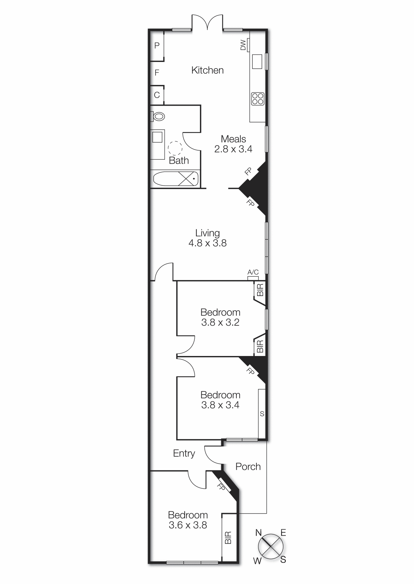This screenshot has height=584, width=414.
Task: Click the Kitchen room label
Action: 207,70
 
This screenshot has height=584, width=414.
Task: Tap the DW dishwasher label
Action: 243,45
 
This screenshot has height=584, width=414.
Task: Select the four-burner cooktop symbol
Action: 258,99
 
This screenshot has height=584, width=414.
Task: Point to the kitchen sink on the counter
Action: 257,62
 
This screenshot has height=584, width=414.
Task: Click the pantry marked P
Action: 157,45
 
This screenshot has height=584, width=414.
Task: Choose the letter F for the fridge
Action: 157,72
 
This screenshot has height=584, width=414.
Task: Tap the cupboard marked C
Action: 157,95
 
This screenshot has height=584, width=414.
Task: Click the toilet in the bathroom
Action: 159,117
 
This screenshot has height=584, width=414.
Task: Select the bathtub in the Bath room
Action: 176,178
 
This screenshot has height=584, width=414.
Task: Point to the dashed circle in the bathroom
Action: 175,148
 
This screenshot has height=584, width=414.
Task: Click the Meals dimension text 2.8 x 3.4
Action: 233,149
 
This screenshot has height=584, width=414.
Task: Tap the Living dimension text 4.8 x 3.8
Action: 207,243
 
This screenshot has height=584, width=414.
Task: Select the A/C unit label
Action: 253,273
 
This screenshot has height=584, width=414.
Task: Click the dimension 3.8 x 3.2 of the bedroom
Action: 220,322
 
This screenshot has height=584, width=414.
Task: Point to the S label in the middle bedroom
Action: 262,414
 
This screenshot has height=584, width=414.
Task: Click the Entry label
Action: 184,453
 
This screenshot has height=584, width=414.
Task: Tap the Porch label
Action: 248,467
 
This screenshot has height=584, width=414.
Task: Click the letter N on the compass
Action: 258,533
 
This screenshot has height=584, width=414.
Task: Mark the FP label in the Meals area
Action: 248,171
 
